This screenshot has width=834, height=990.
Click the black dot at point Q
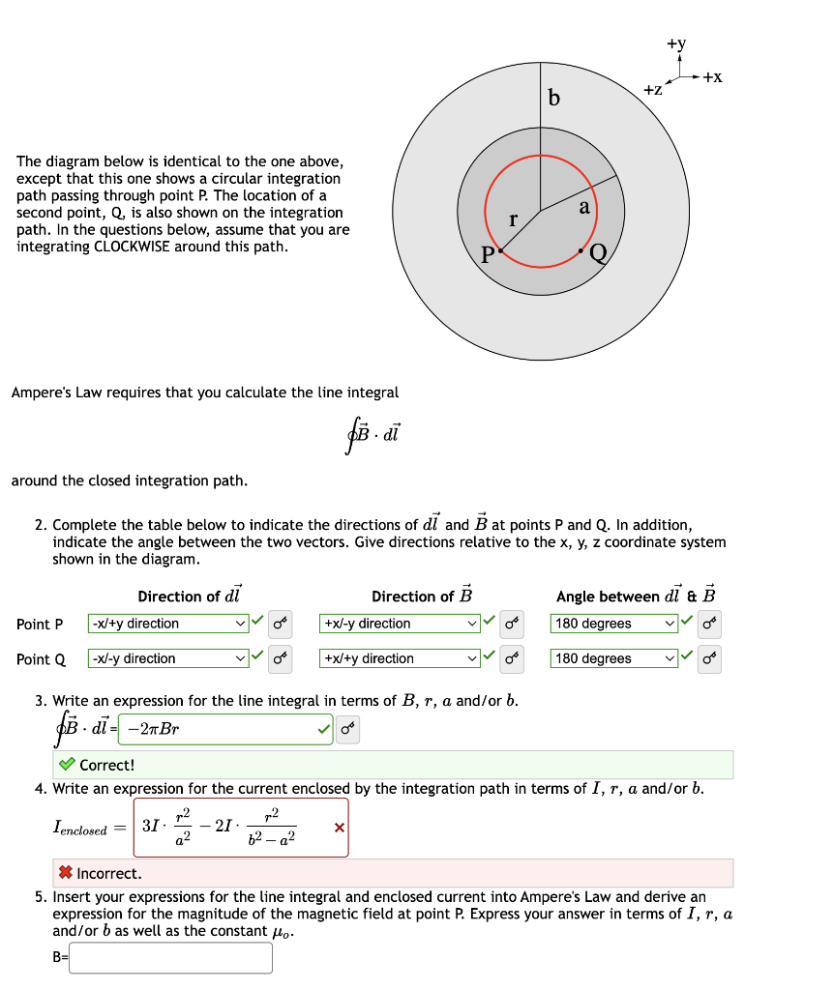pyautogui.click(x=581, y=250)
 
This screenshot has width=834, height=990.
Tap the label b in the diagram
pyautogui.click(x=553, y=99)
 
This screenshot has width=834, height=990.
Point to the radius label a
pyautogui.click(x=583, y=207)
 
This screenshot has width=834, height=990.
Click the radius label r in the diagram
pyautogui.click(x=513, y=219)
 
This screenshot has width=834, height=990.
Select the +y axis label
pyautogui.click(x=675, y=44)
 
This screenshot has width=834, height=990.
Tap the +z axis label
pyautogui.click(x=653, y=90)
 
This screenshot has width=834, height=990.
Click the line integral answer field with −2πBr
pyautogui.click(x=224, y=729)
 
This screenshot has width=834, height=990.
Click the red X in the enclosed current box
pyautogui.click(x=338, y=828)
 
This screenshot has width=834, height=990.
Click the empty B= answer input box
pyautogui.click(x=171, y=957)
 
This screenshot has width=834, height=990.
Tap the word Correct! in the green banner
pyautogui.click(x=106, y=765)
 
